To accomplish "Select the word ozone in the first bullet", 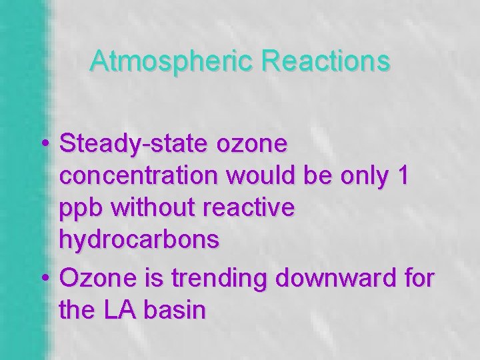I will click(x=253, y=143).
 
